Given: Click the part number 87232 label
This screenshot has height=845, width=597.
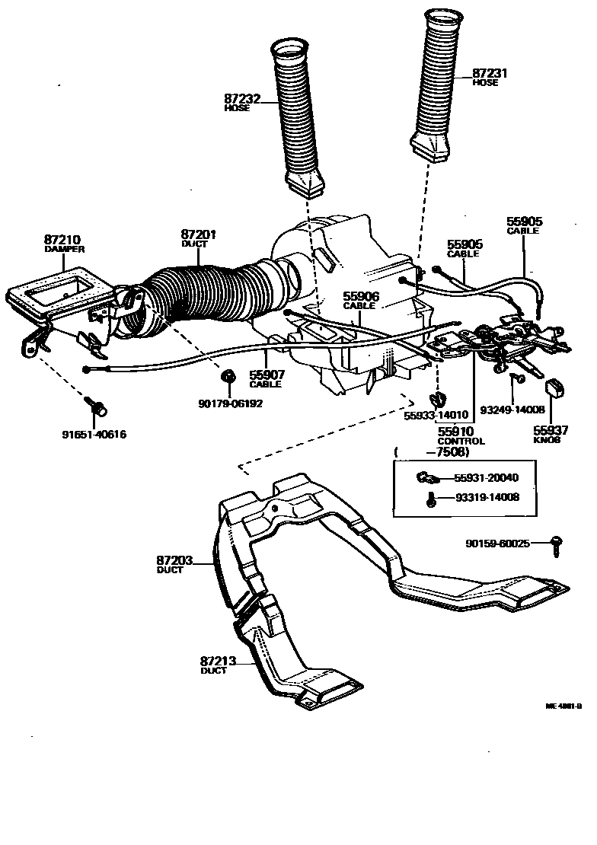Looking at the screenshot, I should [x=241, y=99].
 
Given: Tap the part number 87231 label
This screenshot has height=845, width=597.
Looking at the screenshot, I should [x=490, y=73].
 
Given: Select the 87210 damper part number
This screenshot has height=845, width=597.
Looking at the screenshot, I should [x=64, y=239].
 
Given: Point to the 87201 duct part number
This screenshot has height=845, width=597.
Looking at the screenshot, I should [x=199, y=234].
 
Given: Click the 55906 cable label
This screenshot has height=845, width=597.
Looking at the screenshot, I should [x=360, y=296].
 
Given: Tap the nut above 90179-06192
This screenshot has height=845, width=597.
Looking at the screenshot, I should [x=227, y=377].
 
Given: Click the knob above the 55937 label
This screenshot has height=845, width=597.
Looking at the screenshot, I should [x=554, y=386].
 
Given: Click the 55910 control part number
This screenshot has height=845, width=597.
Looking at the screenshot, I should [x=456, y=432].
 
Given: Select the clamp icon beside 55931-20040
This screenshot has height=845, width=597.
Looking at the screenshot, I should [x=425, y=478].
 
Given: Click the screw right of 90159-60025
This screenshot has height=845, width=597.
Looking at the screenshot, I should [x=557, y=544].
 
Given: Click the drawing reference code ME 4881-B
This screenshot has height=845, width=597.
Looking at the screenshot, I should [x=563, y=706].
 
